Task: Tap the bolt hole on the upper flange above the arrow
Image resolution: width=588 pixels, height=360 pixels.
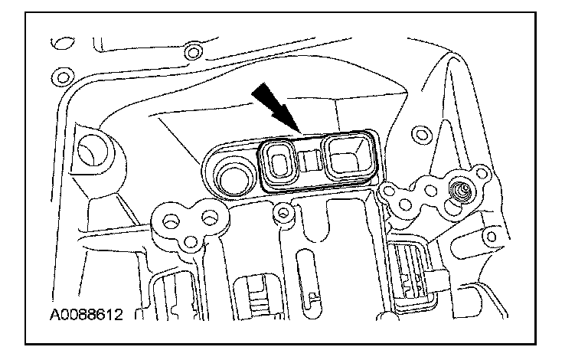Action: pos(194,53)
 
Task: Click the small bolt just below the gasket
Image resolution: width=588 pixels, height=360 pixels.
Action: pos(285,211)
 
